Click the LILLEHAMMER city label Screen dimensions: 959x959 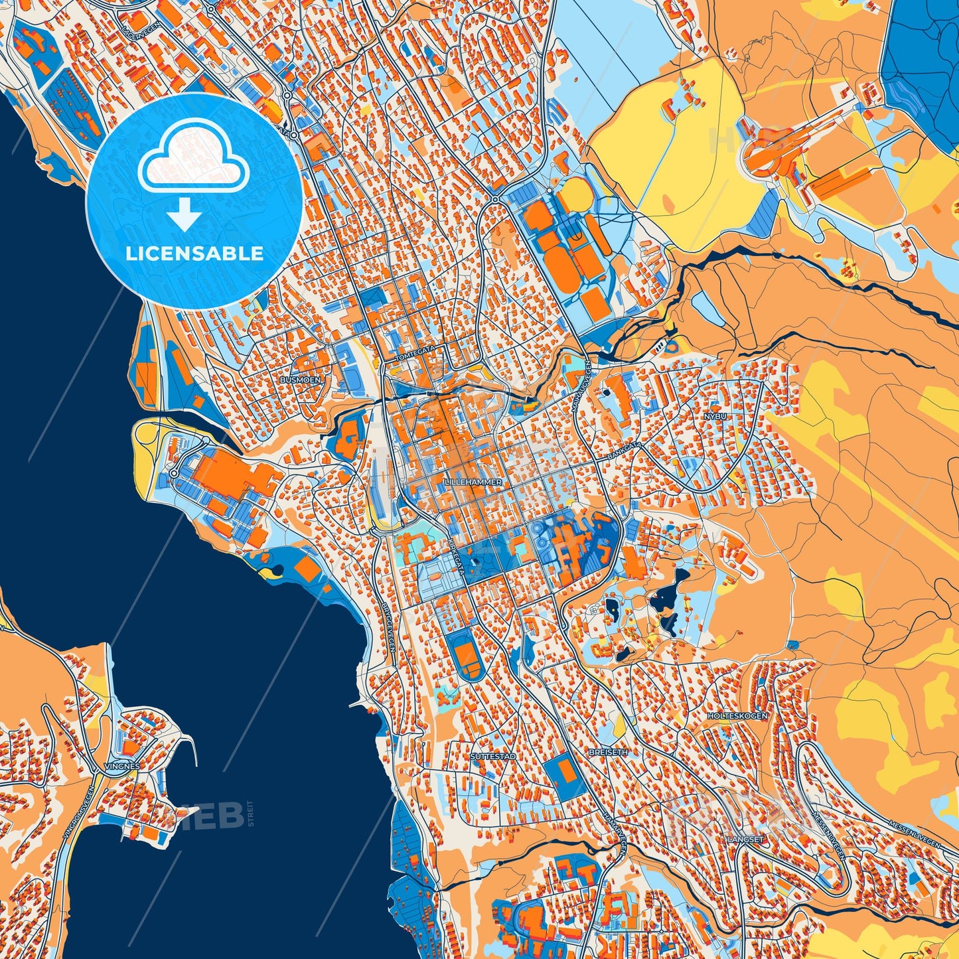(473, 482)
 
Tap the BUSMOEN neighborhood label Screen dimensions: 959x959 (300, 380)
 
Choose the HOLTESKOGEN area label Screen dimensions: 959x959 (737, 716)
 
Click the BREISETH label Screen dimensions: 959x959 (608, 753)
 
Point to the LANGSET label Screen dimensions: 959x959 (746, 839)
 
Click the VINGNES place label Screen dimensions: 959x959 (122, 766)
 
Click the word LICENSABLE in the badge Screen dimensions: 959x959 (195, 254)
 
